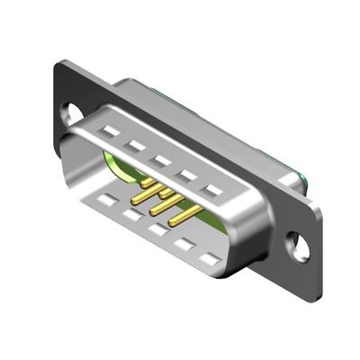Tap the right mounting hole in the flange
point(293,241)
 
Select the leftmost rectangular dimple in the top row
point(110,131)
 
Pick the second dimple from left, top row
point(136,146)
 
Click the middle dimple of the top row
point(161,160)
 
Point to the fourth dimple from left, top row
point(186,175)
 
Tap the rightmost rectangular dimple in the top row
point(212,190)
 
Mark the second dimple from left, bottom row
point(133,215)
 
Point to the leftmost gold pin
point(146,183)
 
